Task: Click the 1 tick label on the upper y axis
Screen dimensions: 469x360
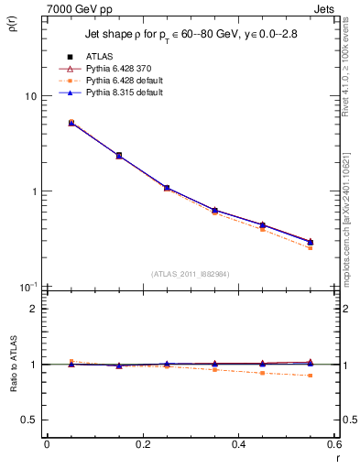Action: [35, 191]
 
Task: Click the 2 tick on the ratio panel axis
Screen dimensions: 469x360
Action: [35, 309]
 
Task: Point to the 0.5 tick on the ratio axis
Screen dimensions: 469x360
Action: [31, 420]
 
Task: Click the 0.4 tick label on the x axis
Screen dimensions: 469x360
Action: [239, 444]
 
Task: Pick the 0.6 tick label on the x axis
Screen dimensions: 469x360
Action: [333, 444]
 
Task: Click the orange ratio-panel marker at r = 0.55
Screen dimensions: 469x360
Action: [311, 376]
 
